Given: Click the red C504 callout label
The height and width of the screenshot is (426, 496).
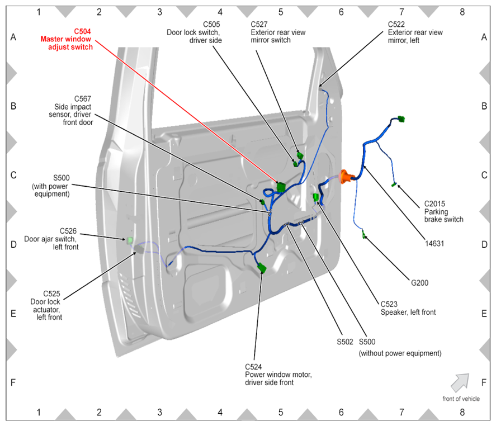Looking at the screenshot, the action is [82, 31].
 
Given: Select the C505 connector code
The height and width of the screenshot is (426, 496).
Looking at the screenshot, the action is [211, 25].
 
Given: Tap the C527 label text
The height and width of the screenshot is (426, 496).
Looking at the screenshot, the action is [259, 25].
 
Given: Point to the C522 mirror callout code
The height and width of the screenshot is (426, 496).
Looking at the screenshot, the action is [396, 25].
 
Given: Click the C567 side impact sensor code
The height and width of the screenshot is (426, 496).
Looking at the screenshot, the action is [83, 98].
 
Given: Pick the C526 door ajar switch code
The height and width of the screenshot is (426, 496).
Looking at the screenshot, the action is [68, 231].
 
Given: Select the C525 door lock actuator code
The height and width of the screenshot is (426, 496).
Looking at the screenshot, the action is [51, 294].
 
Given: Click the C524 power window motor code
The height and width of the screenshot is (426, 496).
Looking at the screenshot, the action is [253, 367].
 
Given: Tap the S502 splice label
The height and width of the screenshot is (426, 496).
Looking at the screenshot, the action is [345, 342].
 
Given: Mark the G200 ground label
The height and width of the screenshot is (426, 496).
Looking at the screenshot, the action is [419, 283].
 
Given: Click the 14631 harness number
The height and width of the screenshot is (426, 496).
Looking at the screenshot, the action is [434, 244].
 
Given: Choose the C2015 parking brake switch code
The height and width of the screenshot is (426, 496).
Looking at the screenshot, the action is [434, 203].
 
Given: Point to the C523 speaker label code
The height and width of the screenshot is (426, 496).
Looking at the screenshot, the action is [389, 304].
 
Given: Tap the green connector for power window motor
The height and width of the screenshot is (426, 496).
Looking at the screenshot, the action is [262, 268].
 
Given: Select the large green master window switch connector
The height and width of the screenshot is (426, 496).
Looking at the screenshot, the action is [281, 187].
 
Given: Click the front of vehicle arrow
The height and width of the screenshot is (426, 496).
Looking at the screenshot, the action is [460, 382].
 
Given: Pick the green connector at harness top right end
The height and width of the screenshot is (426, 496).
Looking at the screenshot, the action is [401, 119].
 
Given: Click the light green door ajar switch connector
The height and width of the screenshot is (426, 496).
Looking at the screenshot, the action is [130, 240].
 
